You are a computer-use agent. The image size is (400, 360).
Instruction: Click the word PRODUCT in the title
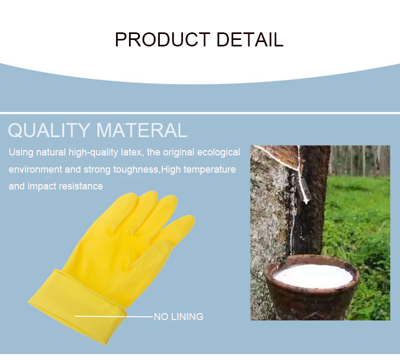162,39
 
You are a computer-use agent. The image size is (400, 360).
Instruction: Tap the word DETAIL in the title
250,39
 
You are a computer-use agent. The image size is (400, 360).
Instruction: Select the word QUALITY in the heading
49,130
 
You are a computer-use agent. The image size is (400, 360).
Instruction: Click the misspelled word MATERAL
142,130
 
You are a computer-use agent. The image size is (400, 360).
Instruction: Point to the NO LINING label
179,317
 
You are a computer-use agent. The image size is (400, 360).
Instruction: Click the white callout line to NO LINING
114,316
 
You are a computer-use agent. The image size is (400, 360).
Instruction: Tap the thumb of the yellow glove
151,253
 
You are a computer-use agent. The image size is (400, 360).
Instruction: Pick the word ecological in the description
219,153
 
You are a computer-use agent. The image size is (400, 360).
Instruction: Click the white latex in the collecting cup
313,276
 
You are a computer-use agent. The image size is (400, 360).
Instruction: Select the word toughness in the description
135,169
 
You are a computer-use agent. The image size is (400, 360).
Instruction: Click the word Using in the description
21,153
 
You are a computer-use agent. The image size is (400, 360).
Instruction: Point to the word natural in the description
51,152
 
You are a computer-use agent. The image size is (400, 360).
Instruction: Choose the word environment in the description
36,169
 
